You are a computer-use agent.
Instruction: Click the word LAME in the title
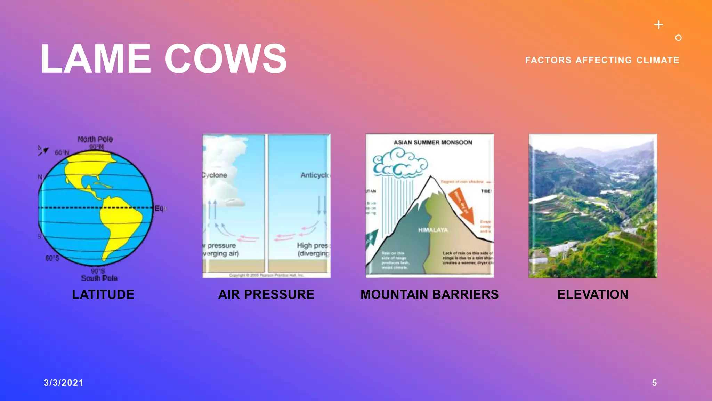coord(96,59)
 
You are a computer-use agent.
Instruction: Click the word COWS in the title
coord(226,59)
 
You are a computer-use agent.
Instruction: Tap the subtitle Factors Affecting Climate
coord(602,60)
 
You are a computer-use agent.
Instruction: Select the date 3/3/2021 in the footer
coord(64,383)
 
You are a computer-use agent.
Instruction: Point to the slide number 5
coord(654,383)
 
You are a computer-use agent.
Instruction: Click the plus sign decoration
coord(658,25)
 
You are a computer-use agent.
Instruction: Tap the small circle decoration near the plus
coord(678,38)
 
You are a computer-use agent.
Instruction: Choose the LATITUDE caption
coord(103,294)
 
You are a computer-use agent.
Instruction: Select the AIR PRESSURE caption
coord(266,294)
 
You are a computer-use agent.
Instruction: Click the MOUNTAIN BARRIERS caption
coord(429,294)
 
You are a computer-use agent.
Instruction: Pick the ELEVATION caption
coord(593,294)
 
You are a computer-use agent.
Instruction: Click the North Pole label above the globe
coord(95,139)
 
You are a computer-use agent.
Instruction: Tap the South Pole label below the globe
coord(99,278)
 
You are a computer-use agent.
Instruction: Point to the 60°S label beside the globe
coord(52,258)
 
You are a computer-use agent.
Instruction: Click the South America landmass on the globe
coord(120,223)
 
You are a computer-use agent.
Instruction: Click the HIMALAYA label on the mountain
coord(433,230)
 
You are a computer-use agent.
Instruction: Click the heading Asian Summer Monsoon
coord(433,142)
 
